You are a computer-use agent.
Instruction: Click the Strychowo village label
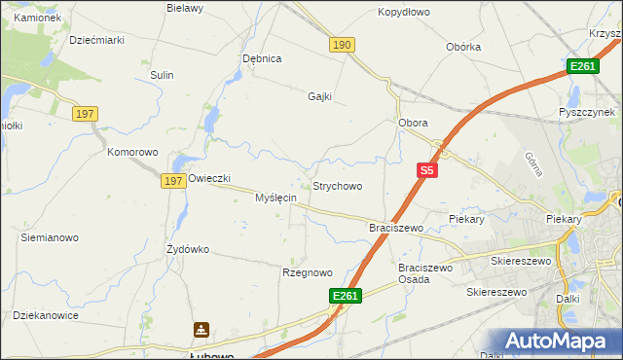point(337,186)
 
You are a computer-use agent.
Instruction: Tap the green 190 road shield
point(342,45)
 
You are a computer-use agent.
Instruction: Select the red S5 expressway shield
point(426,170)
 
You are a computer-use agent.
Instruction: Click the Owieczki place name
point(208,179)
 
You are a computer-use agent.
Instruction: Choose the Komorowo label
point(132,153)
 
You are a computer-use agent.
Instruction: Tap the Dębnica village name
point(262,58)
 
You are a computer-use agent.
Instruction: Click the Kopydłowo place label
point(403,13)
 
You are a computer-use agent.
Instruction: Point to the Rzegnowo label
point(307,272)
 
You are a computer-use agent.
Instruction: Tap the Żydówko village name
point(188,249)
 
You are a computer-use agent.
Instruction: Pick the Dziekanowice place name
point(46,315)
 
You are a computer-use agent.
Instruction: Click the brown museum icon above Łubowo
point(201,331)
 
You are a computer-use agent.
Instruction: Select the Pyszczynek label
point(590,112)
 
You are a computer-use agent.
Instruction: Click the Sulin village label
point(162,75)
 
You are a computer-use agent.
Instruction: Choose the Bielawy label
point(185,8)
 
